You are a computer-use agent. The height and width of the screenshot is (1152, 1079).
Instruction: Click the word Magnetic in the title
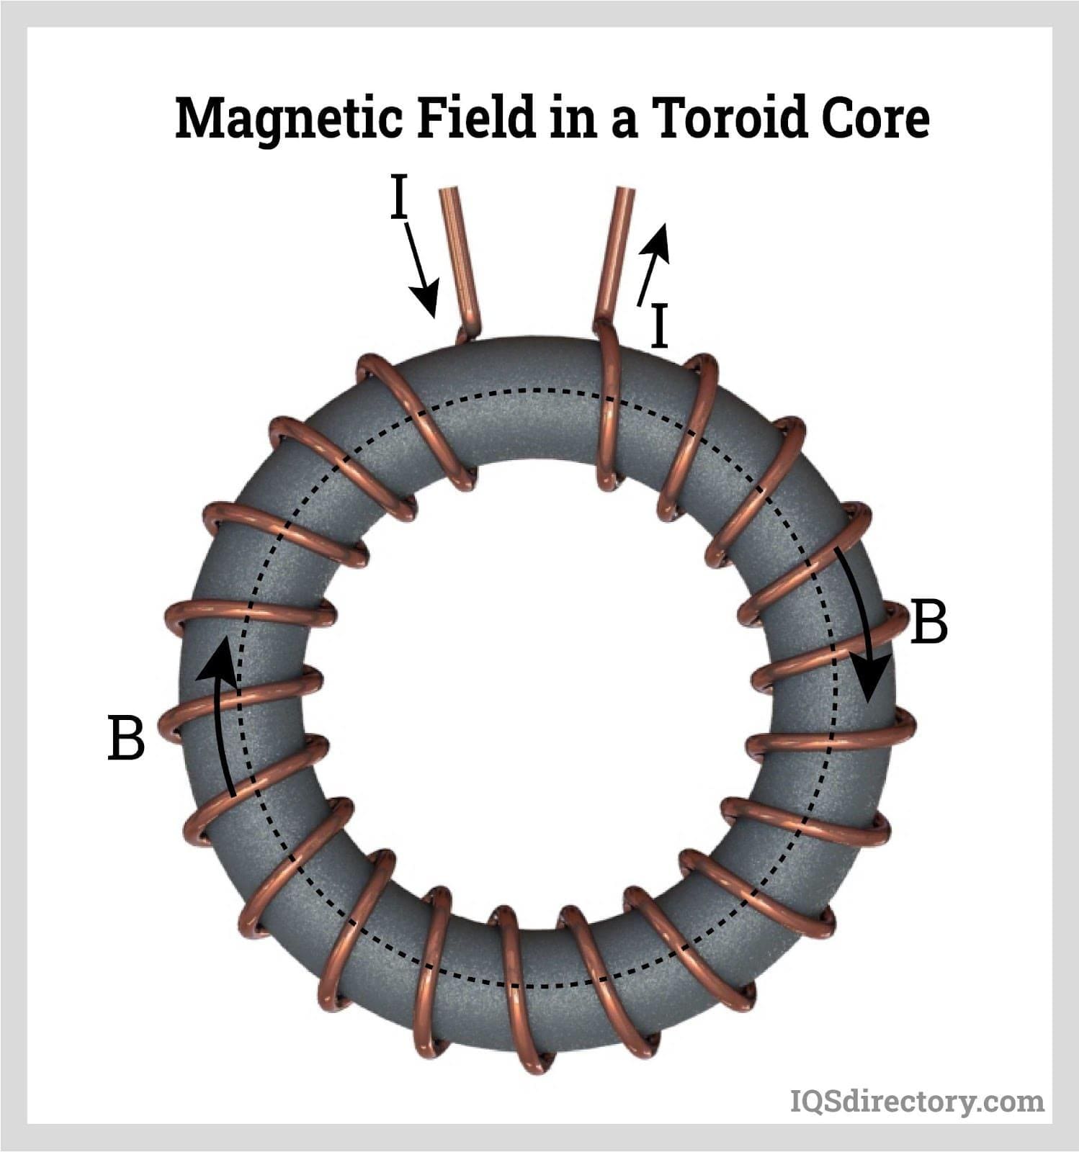(288, 120)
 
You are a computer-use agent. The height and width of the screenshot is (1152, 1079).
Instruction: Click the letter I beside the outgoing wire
(658, 325)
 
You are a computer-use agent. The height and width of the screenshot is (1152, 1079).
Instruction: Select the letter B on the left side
(126, 737)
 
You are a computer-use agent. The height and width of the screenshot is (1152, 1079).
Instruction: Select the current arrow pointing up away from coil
(654, 263)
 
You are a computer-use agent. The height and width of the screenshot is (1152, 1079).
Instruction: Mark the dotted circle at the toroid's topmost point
(536, 390)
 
